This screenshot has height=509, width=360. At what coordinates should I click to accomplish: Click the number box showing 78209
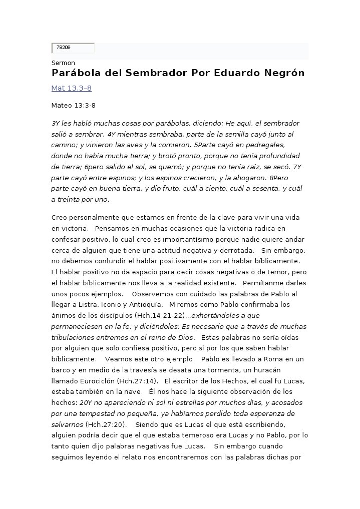[73, 48]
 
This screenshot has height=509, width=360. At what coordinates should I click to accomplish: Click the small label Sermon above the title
[63, 63]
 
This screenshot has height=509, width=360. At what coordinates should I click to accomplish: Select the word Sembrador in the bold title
[157, 73]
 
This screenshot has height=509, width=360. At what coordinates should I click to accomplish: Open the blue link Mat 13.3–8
[71, 89]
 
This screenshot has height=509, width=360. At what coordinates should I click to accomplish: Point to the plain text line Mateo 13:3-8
[73, 106]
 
